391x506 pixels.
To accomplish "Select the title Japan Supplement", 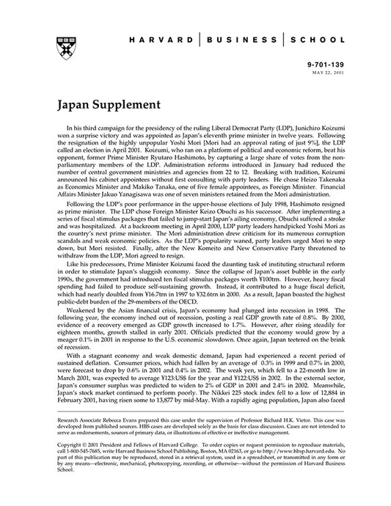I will (102, 105).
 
